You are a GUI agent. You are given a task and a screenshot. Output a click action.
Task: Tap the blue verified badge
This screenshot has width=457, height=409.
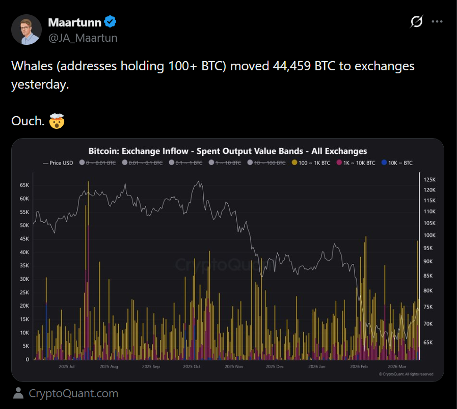pos(111,22)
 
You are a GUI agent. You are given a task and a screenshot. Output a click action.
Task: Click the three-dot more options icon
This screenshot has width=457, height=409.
pos(437,21)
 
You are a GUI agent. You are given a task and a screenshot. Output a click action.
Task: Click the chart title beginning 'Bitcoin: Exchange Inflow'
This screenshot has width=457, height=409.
pos(228,151)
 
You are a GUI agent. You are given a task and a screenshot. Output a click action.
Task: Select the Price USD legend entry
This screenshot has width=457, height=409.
pos(59,163)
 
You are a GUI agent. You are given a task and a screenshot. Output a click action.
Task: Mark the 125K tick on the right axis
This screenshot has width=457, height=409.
pos(430,180)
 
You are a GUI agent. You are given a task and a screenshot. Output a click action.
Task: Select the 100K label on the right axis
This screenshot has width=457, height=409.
pos(430,235)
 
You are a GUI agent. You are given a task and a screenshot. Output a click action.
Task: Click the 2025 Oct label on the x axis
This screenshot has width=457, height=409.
pos(192,366)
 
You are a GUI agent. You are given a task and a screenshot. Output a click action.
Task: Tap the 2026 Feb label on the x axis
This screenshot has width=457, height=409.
pos(359,366)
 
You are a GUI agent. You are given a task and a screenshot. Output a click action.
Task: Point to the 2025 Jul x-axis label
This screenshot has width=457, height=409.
pos(67,366)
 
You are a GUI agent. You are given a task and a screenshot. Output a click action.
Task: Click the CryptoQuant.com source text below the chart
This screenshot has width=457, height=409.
pos(73,394)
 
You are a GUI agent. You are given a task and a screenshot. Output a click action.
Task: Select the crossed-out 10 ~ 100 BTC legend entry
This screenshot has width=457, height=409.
pos(267,163)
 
